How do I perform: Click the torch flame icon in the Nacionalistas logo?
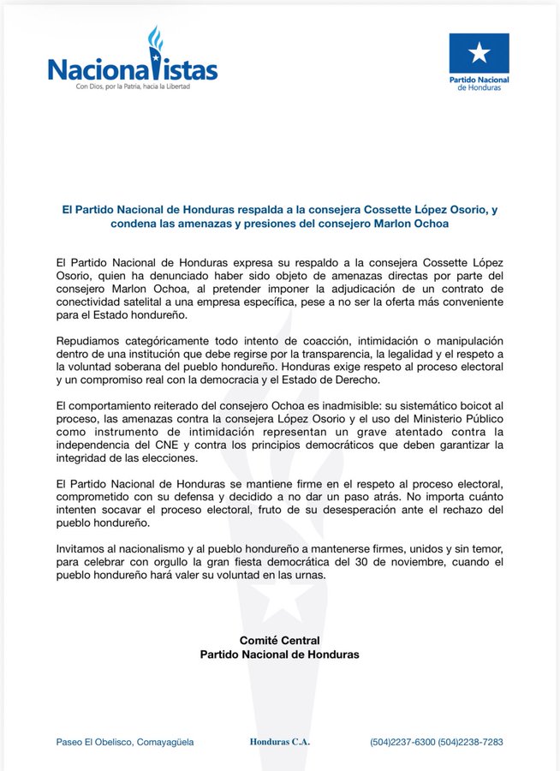click(x=155, y=41)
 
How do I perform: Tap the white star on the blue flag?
click(x=479, y=53)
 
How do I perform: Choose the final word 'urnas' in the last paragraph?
click(x=308, y=576)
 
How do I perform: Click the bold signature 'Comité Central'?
click(x=279, y=641)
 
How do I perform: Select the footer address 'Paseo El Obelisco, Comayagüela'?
click(x=125, y=742)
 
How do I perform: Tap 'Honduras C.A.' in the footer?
click(x=279, y=742)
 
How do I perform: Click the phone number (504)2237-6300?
click(x=402, y=742)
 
